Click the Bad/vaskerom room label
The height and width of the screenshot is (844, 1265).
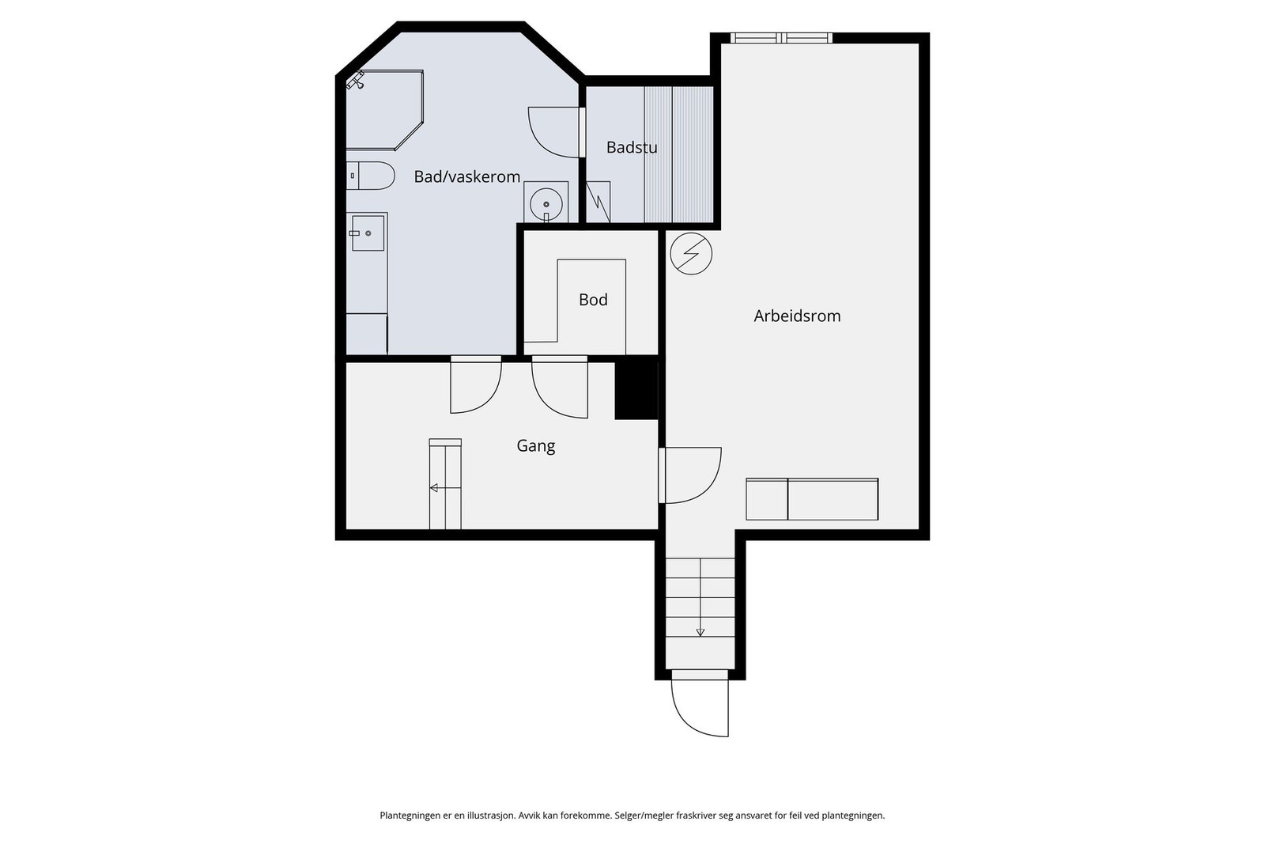click(467, 177)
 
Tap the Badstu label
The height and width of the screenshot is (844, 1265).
click(632, 147)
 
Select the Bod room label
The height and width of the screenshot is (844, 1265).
click(593, 300)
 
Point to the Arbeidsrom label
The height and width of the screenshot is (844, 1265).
click(797, 316)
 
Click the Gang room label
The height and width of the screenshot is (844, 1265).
click(536, 446)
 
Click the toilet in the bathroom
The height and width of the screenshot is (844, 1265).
click(370, 176)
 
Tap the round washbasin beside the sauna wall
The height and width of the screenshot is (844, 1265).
click(546, 204)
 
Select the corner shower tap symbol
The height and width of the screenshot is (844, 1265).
click(356, 80)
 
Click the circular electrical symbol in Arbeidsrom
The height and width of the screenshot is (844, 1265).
click(691, 254)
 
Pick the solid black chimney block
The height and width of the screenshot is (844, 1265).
click(636, 391)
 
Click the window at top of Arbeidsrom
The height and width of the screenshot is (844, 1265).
click(781, 38)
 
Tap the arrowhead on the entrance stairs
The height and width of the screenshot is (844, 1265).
click(700, 633)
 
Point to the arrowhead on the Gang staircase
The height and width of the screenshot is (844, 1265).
click(434, 488)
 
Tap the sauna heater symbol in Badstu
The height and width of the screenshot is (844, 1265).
click(598, 202)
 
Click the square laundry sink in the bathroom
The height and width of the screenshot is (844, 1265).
click(368, 233)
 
